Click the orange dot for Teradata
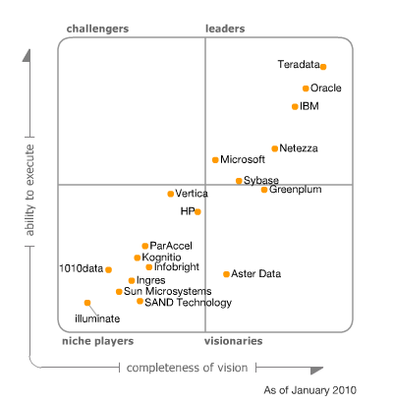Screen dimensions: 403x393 pyautogui.click(x=323, y=67)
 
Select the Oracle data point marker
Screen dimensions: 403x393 pyautogui.click(x=306, y=88)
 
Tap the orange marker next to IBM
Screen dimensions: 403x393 pyautogui.click(x=294, y=106)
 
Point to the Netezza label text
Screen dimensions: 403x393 pyautogui.click(x=298, y=148)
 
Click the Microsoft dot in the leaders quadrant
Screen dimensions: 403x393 pyautogui.click(x=215, y=159)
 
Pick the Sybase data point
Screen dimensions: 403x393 pyautogui.click(x=239, y=181)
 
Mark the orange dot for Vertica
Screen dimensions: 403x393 pyautogui.click(x=170, y=194)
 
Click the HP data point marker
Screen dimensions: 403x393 pyautogui.click(x=197, y=211)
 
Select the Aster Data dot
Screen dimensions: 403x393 pyautogui.click(x=226, y=274)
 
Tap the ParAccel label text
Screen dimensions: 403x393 pyautogui.click(x=170, y=246)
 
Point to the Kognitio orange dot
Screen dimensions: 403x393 pyautogui.click(x=138, y=258)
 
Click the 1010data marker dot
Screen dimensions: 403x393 pyautogui.click(x=108, y=269)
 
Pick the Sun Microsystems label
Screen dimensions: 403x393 pyautogui.click(x=167, y=291)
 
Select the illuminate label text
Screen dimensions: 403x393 pyautogui.click(x=97, y=317)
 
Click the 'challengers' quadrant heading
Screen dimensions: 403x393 pyautogui.click(x=97, y=29)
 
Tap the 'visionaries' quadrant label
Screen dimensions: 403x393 pyautogui.click(x=233, y=341)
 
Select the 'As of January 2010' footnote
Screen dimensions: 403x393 pyautogui.click(x=309, y=390)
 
